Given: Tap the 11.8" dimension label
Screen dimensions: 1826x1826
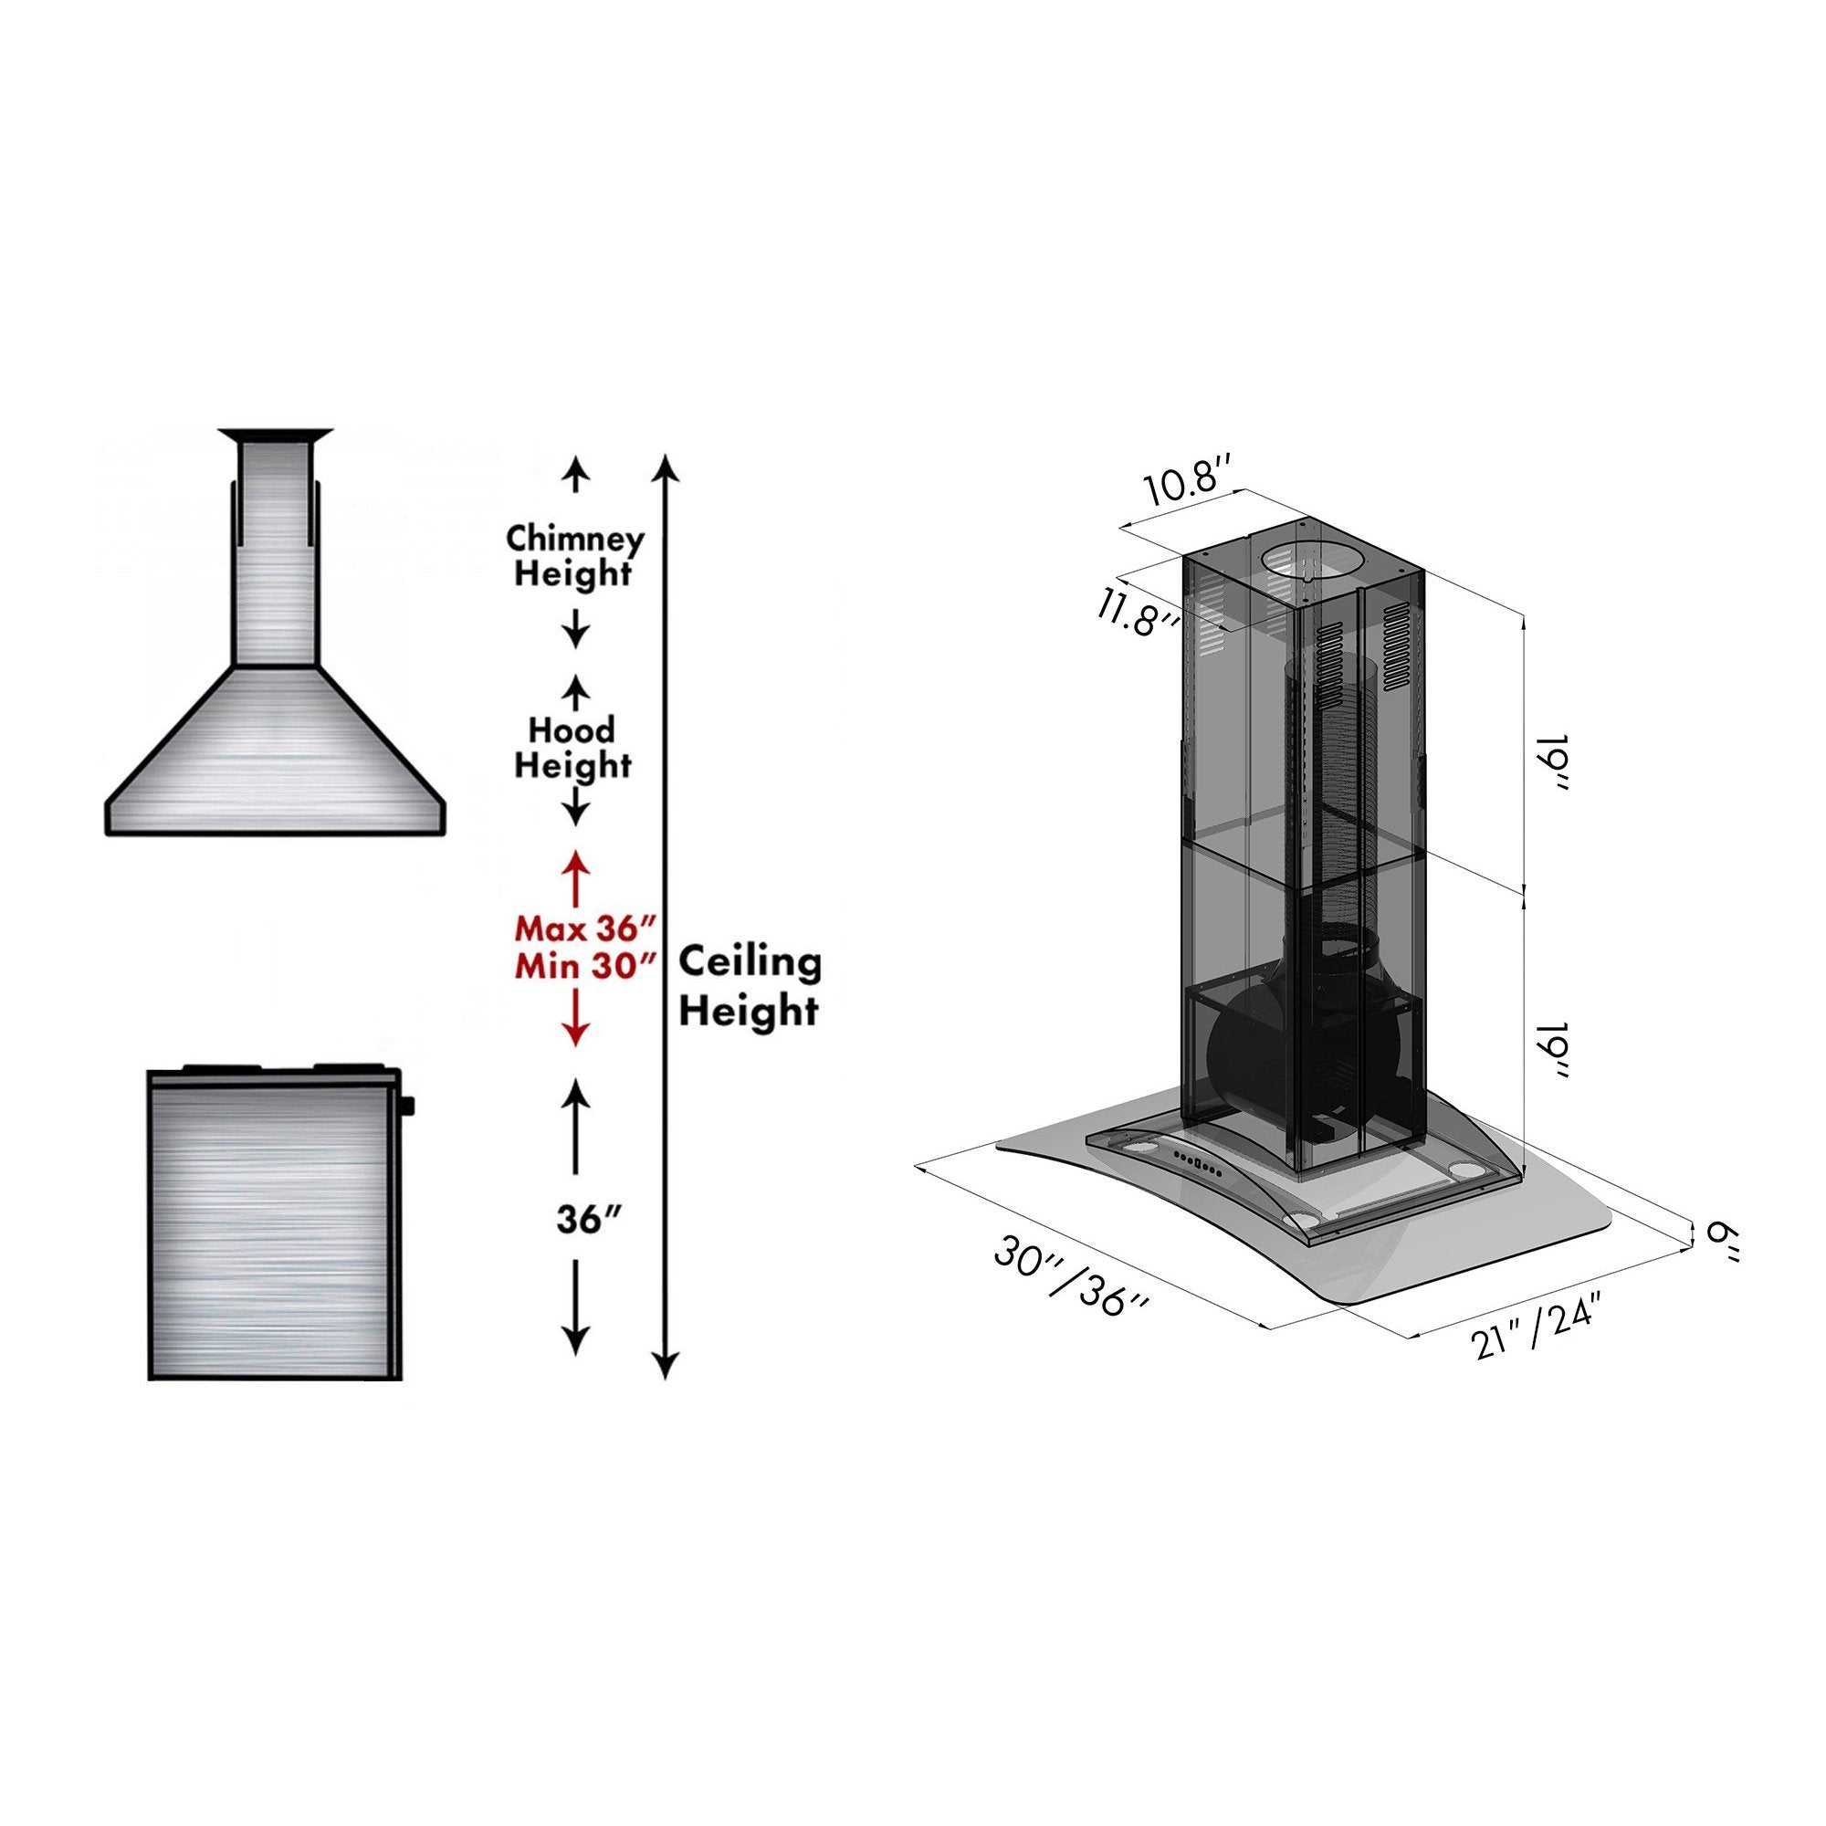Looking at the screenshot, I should pyautogui.click(x=1138, y=612).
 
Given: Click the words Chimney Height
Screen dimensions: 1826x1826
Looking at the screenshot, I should pyautogui.click(x=573, y=556).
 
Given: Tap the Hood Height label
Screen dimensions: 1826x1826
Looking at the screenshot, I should pyautogui.click(x=571, y=747).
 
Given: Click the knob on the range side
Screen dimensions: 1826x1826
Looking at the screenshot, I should pyautogui.click(x=408, y=1103).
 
